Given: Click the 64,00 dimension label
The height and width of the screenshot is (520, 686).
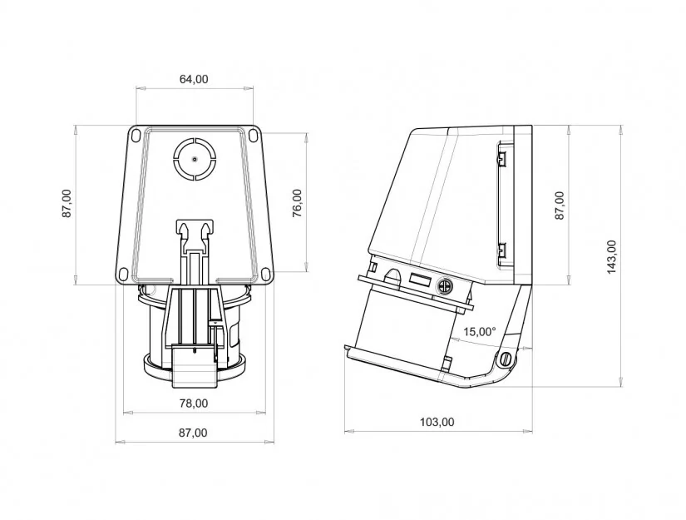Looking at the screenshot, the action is pyautogui.click(x=194, y=79).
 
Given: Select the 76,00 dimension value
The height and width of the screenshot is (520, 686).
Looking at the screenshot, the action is pyautogui.click(x=297, y=204).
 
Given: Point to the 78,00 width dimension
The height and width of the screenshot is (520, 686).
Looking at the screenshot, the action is pyautogui.click(x=194, y=404).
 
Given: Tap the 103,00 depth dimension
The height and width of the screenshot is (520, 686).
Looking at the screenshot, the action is pyautogui.click(x=437, y=422).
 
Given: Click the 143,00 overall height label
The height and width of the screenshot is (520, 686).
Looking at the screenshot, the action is pyautogui.click(x=611, y=257).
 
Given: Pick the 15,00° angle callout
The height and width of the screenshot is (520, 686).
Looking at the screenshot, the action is pyautogui.click(x=480, y=331).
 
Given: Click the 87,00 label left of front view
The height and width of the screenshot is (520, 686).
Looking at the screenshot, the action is pyautogui.click(x=67, y=204).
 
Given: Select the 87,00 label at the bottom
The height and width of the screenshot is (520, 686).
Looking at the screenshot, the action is pyautogui.click(x=193, y=433).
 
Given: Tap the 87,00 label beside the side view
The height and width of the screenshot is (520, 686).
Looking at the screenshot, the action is pyautogui.click(x=560, y=206).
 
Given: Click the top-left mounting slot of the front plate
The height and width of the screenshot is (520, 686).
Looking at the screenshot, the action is pyautogui.click(x=136, y=135).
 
